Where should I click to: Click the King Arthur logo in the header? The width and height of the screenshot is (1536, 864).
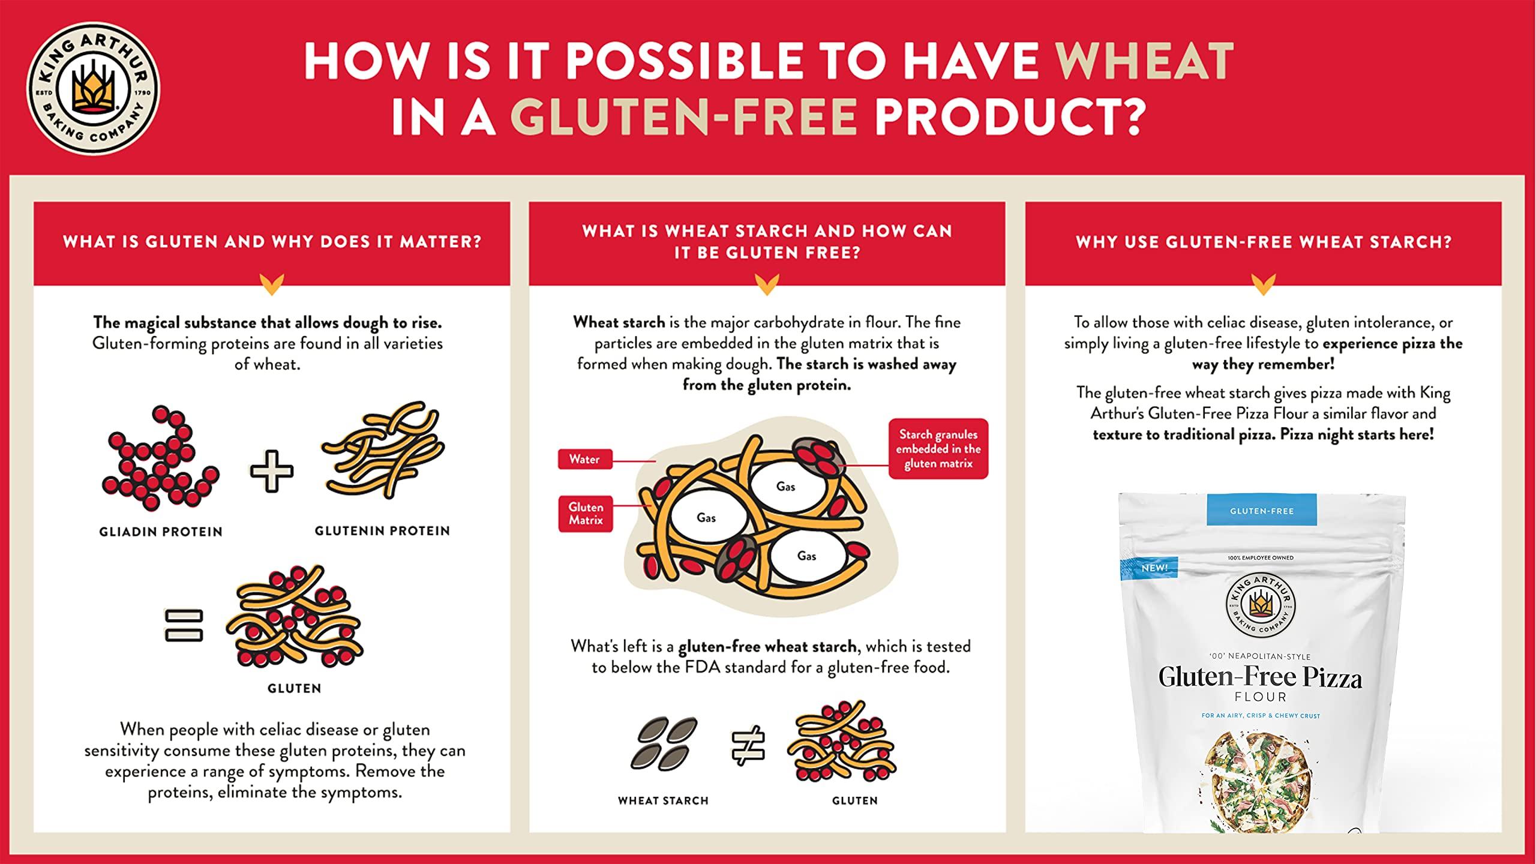pyautogui.click(x=93, y=89)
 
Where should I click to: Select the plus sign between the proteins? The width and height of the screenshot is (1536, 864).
pyautogui.click(x=272, y=471)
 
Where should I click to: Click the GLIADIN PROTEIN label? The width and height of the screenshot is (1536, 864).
pyautogui.click(x=161, y=532)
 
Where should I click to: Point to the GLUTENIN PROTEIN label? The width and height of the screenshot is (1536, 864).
pyautogui.click(x=382, y=531)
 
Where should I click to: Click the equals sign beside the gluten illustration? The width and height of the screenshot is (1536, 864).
pyautogui.click(x=184, y=625)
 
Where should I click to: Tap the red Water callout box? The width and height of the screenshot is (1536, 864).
pyautogui.click(x=584, y=459)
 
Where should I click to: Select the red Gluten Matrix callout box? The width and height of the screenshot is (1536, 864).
pyautogui.click(x=586, y=514)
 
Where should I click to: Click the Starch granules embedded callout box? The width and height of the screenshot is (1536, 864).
pyautogui.click(x=938, y=449)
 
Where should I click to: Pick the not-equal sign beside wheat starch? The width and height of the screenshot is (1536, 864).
pyautogui.click(x=748, y=746)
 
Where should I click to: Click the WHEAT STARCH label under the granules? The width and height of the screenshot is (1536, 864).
pyautogui.click(x=663, y=801)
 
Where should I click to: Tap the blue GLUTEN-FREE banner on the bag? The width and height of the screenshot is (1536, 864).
pyautogui.click(x=1261, y=511)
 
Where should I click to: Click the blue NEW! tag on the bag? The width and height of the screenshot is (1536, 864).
pyautogui.click(x=1149, y=568)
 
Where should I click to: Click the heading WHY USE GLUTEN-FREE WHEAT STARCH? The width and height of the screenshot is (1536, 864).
pyautogui.click(x=1264, y=242)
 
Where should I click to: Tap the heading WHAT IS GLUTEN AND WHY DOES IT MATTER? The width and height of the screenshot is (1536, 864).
pyautogui.click(x=272, y=242)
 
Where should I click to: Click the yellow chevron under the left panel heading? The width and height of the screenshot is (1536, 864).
pyautogui.click(x=272, y=284)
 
